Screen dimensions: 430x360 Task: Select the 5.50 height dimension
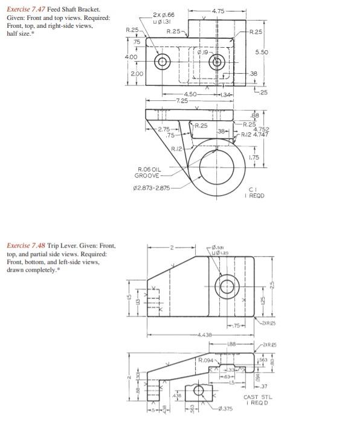[x=262, y=53]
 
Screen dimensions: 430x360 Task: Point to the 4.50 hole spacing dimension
[x=190, y=94]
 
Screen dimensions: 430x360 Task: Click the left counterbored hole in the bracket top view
[x=162, y=62]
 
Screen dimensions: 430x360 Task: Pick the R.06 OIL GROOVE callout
[x=147, y=173]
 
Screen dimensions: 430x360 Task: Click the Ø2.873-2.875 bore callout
[x=151, y=188]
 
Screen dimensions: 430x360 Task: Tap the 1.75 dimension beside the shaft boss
[x=254, y=157]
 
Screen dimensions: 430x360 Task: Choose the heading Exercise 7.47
[x=28, y=10]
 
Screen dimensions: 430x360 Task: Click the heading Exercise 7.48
[x=28, y=246]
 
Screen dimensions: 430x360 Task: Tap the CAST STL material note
[x=258, y=397]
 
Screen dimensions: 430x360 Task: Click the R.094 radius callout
[x=207, y=361]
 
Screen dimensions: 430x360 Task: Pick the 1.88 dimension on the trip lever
[x=231, y=344]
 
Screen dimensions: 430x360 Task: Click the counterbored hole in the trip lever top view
[x=227, y=286]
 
